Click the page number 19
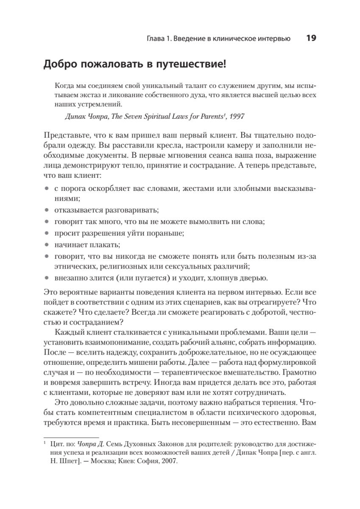310,38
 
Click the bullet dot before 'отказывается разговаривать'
47,210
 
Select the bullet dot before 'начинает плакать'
47,245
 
